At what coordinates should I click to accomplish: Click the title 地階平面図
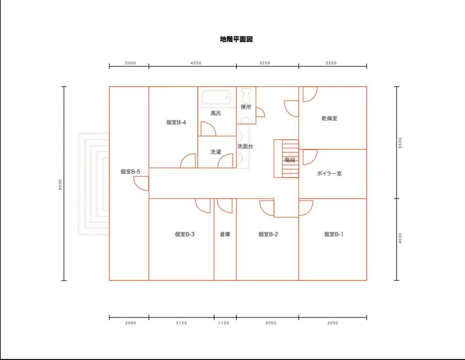(236, 39)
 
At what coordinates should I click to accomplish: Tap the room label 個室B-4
(176, 122)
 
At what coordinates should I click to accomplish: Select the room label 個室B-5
(130, 171)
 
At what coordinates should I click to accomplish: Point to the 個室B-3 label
(185, 234)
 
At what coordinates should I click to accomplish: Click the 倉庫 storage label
(225, 234)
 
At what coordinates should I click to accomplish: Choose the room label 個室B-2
(268, 234)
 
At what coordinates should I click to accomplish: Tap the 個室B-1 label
(333, 234)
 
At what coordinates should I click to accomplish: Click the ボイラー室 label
(329, 174)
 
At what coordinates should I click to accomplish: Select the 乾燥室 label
(329, 118)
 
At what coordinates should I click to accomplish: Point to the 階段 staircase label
(290, 160)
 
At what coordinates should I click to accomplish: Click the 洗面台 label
(245, 147)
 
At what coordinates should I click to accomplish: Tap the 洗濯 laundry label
(216, 152)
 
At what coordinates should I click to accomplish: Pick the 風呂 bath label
(216, 113)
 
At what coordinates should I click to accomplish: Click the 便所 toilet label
(246, 107)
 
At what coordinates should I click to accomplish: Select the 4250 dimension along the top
(196, 63)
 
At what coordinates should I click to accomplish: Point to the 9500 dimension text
(60, 184)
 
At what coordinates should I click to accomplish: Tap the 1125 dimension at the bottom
(224, 323)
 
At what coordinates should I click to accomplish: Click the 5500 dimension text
(400, 143)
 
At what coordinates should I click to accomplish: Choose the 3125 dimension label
(181, 323)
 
